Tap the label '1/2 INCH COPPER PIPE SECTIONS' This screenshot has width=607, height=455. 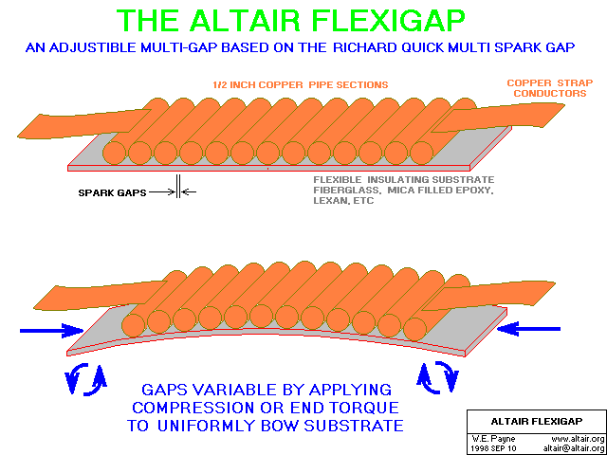[x=300, y=84]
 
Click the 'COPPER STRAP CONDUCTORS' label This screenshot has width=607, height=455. [x=550, y=88]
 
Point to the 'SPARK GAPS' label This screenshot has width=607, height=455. [x=112, y=192]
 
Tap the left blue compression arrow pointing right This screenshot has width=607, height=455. [x=51, y=331]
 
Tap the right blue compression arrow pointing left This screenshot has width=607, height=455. [x=529, y=329]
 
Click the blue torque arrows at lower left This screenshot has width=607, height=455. [x=86, y=380]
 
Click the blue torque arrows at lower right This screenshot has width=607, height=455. [x=437, y=378]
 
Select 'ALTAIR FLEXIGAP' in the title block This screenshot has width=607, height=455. [x=536, y=421]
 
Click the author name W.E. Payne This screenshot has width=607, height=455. [x=487, y=439]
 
